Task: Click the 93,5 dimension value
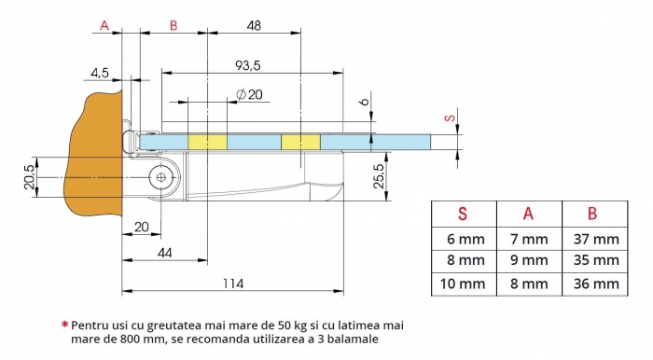248,65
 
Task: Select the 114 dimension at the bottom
233,284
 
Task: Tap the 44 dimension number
165,253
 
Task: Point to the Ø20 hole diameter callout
249,94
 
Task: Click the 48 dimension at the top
254,26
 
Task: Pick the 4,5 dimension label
100,74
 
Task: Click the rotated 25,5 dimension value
379,176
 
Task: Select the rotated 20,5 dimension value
29,177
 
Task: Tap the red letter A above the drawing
104,26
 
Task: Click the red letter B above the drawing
174,26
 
